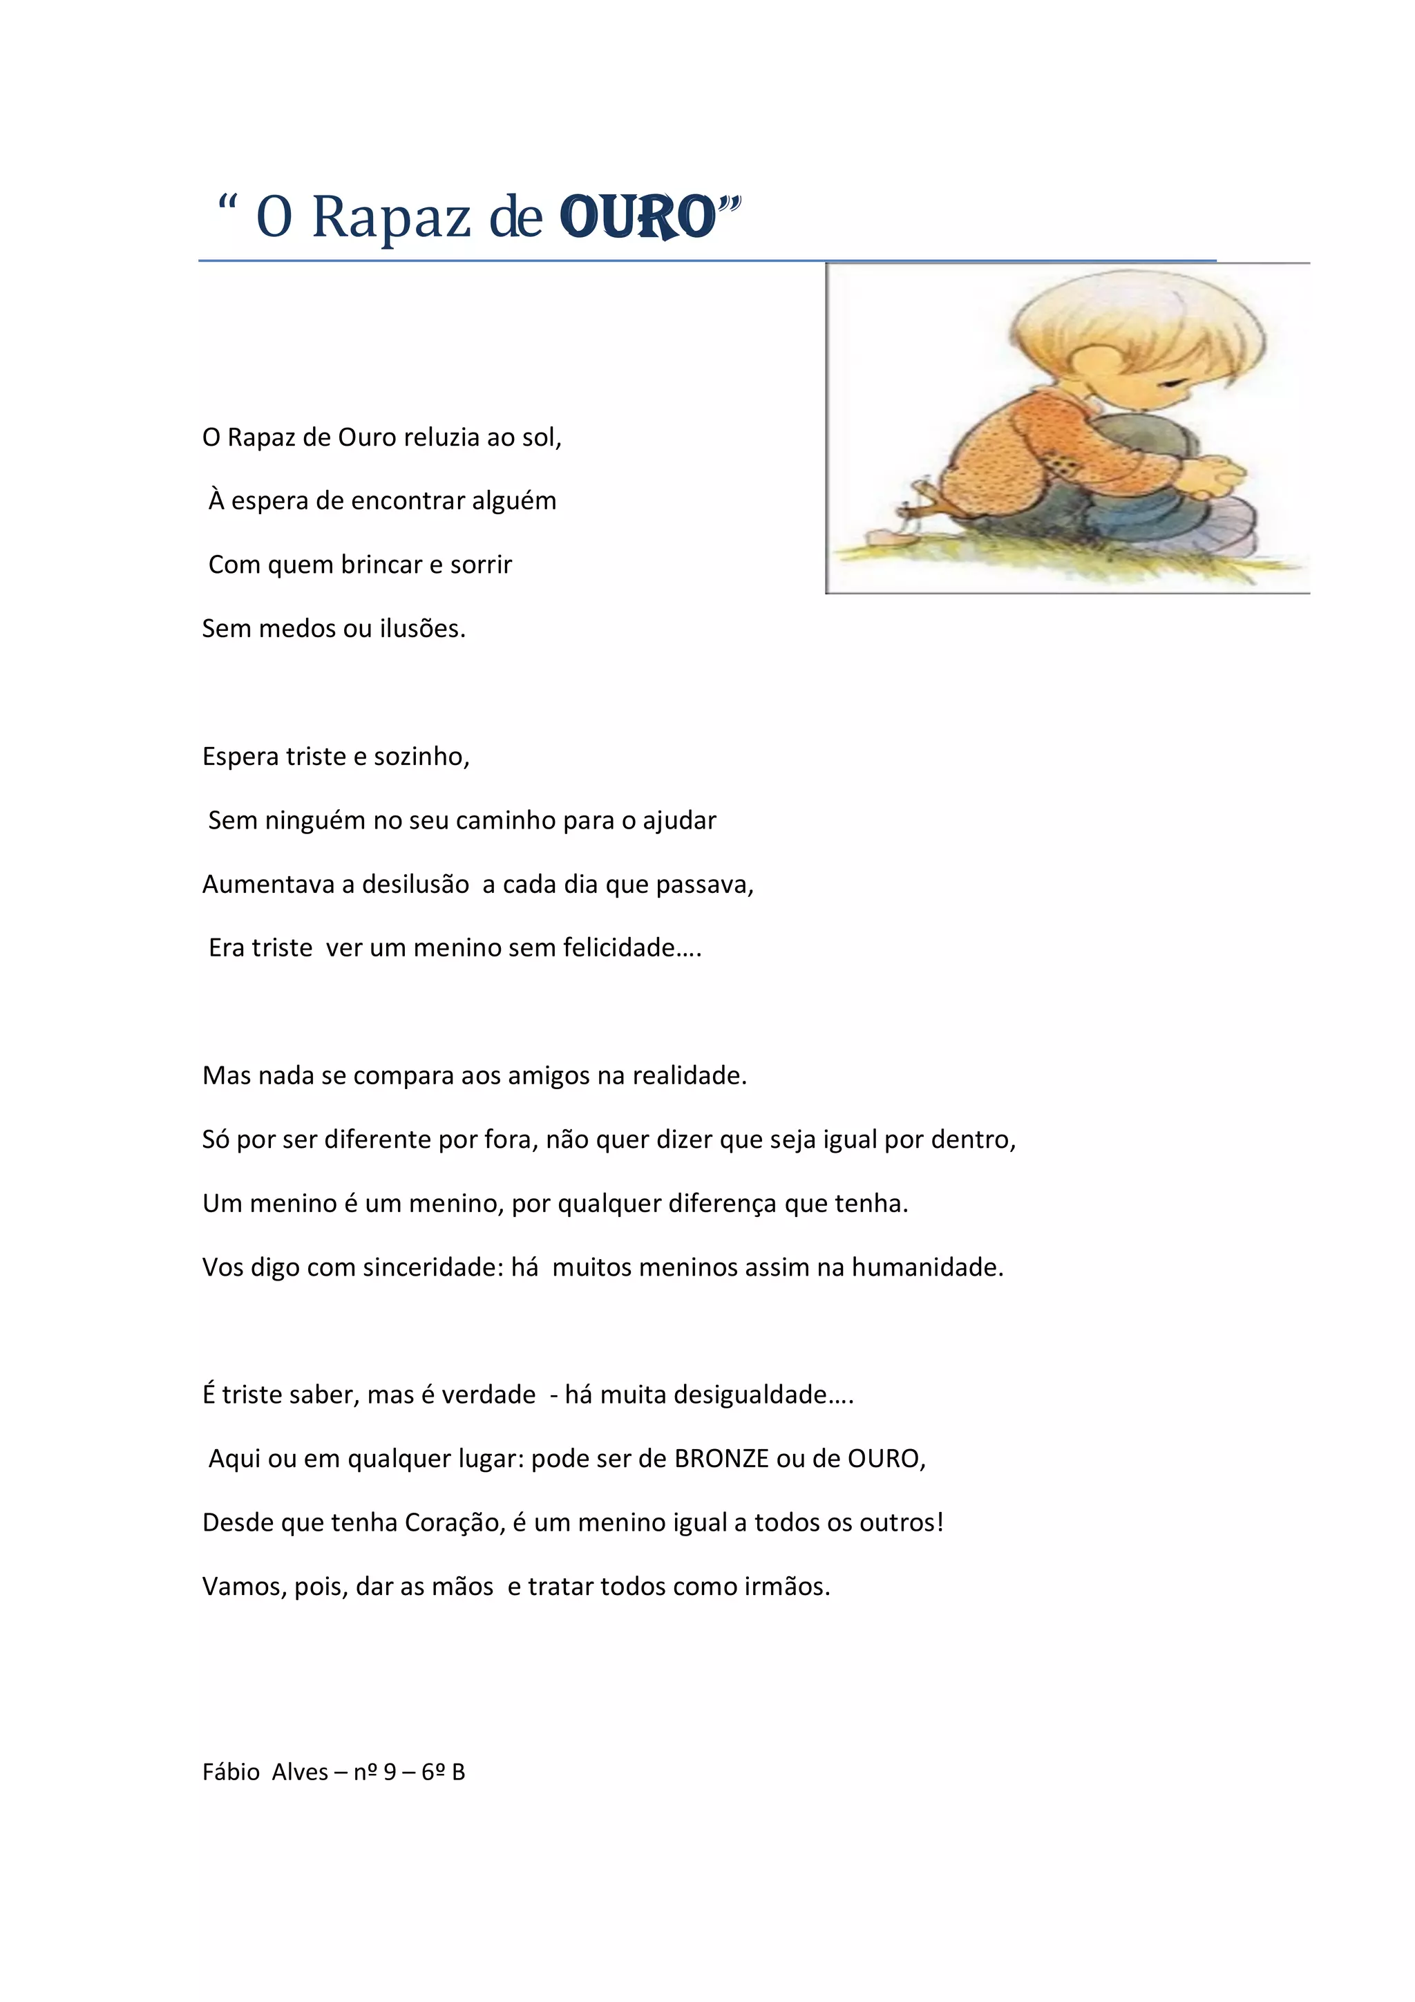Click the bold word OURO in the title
coord(637,217)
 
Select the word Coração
coord(455,1522)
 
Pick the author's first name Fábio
coord(231,1773)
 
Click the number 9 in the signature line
coord(390,1773)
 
